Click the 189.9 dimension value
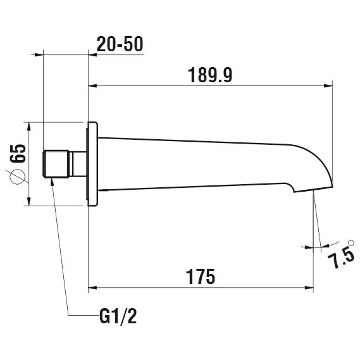point(210,75)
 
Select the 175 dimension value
point(201,276)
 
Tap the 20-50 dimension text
point(120,44)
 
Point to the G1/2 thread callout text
point(118,316)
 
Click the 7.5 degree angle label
point(340,258)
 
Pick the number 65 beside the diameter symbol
point(18,153)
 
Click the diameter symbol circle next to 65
point(18,177)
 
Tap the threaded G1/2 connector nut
point(56,164)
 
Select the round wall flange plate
point(92,164)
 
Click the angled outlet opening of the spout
point(313,189)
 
